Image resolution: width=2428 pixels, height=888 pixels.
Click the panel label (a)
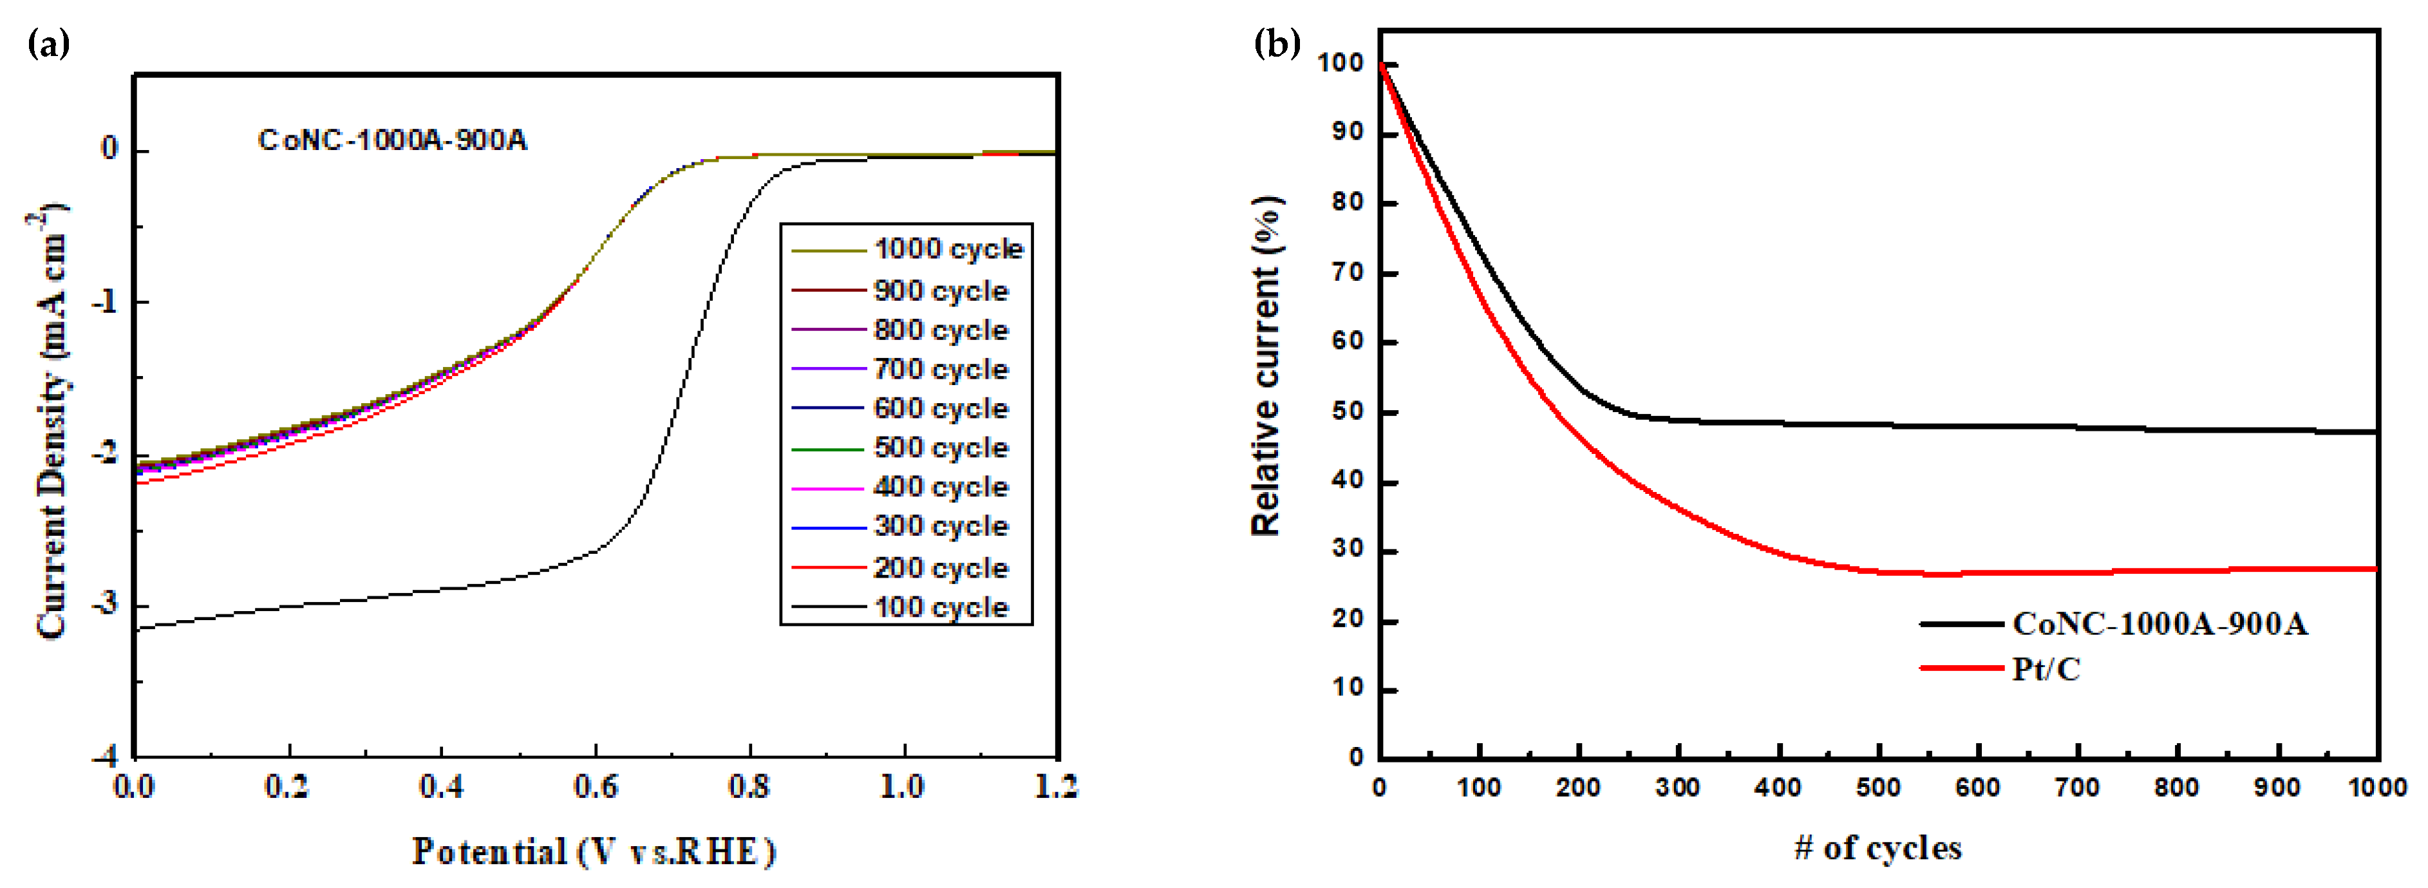pos(49,43)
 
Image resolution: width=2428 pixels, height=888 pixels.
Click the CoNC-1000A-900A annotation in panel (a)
pos(392,140)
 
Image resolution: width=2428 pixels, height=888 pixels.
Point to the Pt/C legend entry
pos(2046,668)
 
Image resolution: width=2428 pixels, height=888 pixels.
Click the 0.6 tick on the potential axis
pos(596,786)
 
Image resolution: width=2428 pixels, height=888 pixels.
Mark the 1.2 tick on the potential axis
pos(1056,786)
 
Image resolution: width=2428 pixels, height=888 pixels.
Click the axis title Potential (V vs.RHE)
pos(594,851)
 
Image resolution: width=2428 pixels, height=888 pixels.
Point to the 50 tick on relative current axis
pos(1348,412)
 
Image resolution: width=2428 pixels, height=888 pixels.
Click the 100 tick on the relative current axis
pos(1341,63)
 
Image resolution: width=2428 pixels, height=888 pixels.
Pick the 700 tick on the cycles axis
pos(2076,787)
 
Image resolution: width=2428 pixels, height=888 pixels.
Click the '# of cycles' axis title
pos(1877,847)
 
